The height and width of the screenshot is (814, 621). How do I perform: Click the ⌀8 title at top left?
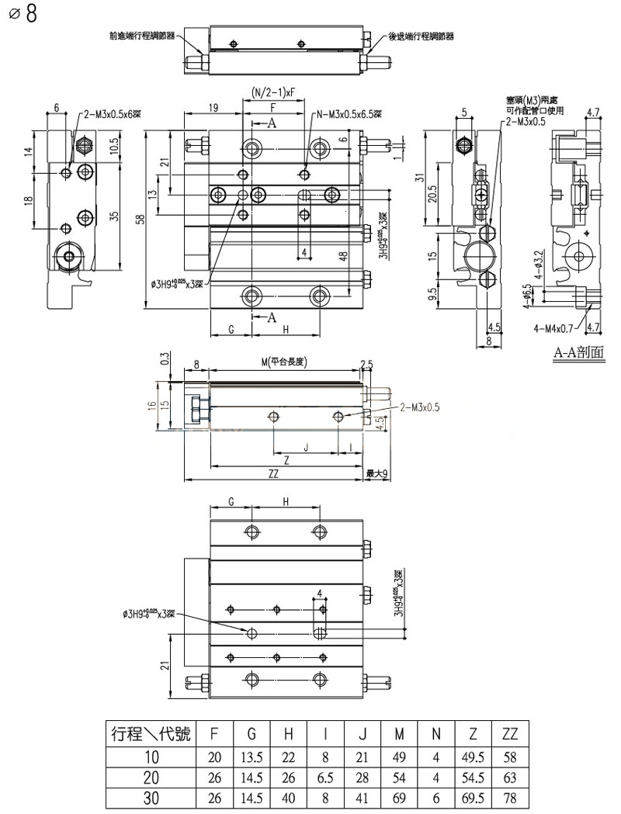tap(23, 15)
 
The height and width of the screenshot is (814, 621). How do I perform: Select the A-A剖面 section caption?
tap(578, 353)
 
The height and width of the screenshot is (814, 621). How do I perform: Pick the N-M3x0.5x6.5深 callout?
tap(349, 115)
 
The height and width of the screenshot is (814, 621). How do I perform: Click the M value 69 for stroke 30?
tap(398, 797)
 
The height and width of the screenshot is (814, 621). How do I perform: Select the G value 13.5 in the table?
tap(252, 755)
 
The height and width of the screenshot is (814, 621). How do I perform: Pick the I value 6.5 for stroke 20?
tap(326, 776)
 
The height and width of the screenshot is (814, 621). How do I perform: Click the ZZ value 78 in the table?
tap(510, 797)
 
